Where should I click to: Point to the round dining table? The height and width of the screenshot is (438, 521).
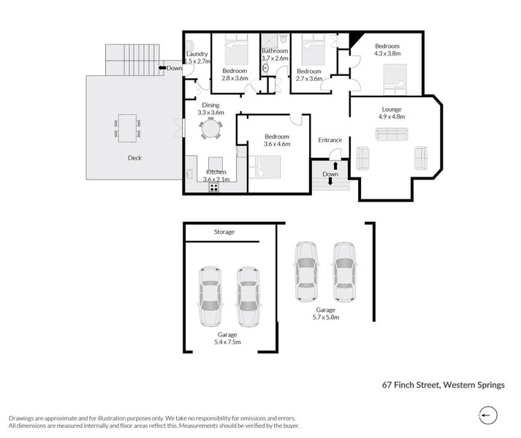tap(211, 129)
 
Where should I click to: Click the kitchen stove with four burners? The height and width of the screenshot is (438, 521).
tap(215, 187)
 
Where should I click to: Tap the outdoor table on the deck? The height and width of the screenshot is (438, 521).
tap(127, 128)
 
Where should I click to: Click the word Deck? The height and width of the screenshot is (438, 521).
tap(134, 158)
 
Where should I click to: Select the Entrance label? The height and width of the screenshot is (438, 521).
tap(330, 140)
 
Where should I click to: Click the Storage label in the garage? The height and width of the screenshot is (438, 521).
tap(224, 232)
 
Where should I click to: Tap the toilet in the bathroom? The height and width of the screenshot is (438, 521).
tap(266, 68)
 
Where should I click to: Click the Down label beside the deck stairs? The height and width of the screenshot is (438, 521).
tap(174, 69)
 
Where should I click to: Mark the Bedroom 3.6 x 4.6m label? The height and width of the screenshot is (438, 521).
tap(277, 140)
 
